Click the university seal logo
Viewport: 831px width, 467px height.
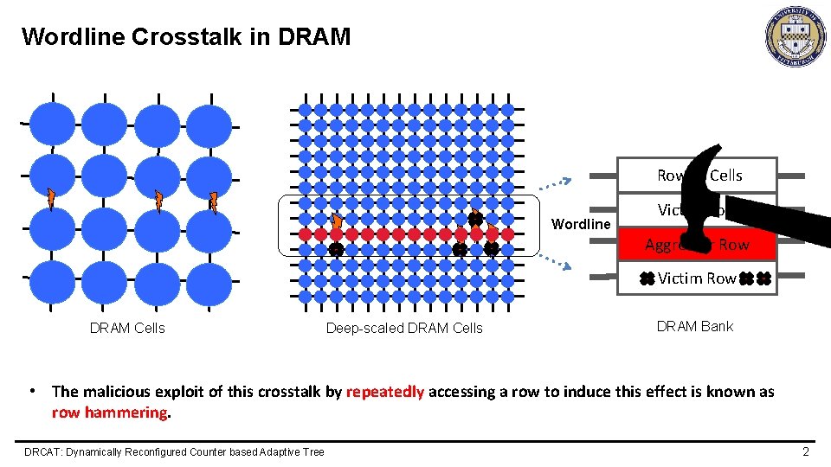[795, 36]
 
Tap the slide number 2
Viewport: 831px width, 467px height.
[805, 451]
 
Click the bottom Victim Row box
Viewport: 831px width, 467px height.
[696, 278]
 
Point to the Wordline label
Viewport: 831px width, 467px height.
[580, 224]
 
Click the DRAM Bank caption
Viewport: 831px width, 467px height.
[694, 326]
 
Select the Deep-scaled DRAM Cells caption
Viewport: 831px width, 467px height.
[404, 328]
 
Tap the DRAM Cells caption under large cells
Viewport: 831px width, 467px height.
[127, 328]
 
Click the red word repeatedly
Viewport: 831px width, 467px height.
[385, 392]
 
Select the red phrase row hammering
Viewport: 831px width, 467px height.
[110, 413]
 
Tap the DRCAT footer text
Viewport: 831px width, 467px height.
[174, 451]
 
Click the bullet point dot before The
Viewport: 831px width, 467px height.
[32, 390]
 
